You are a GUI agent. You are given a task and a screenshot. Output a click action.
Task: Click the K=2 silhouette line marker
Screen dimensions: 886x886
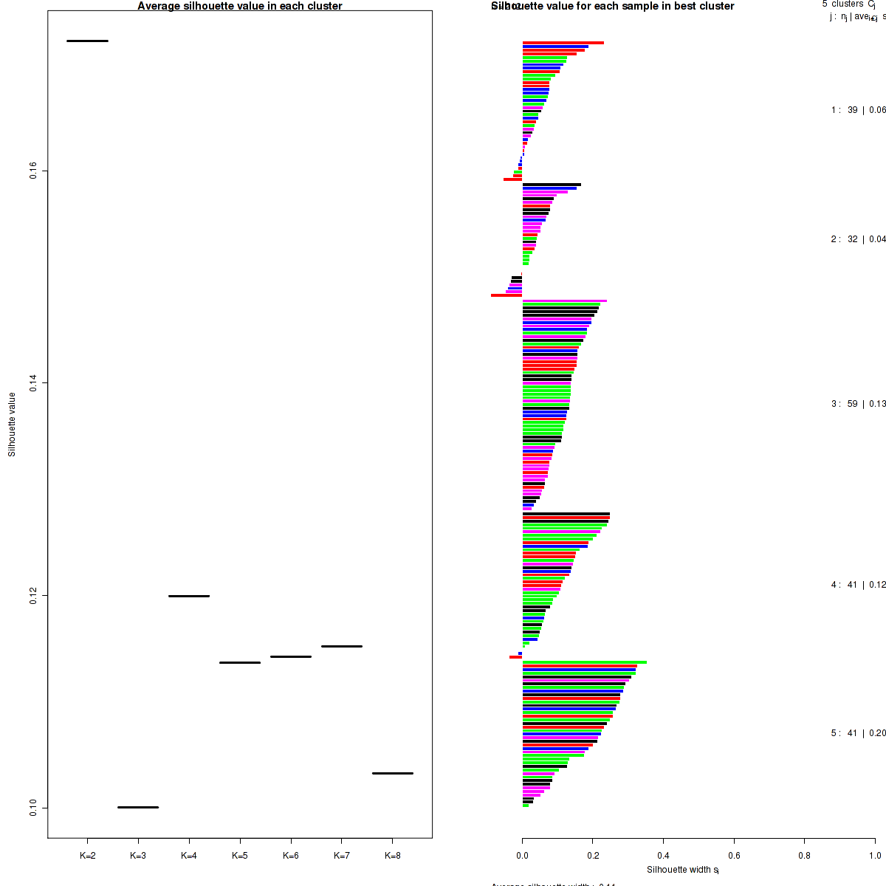tap(87, 41)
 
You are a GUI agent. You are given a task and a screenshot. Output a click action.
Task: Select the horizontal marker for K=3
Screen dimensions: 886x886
tap(138, 807)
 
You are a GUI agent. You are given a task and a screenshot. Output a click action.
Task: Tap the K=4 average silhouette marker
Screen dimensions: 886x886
tap(189, 596)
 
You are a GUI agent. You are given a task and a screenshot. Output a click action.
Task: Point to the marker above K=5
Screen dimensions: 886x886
tap(240, 662)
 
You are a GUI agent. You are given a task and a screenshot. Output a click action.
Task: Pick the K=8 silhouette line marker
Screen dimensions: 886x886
tap(392, 773)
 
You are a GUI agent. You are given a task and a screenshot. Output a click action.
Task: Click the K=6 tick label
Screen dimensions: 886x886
tap(291, 856)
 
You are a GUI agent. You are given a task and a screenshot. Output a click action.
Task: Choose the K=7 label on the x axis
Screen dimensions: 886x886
tap(341, 856)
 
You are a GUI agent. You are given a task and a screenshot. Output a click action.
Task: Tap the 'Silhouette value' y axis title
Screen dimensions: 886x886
tap(12, 425)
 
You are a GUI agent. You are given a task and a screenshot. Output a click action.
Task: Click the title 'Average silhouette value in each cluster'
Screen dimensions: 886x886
tap(240, 6)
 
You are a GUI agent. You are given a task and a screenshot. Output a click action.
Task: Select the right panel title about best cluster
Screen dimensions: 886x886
tap(613, 6)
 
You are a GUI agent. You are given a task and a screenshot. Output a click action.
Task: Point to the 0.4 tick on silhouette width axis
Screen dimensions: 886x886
tap(663, 856)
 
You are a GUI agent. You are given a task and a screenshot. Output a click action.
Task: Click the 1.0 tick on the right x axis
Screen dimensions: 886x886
tap(874, 856)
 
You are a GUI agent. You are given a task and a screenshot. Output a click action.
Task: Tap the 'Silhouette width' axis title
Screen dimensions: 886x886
tap(682, 870)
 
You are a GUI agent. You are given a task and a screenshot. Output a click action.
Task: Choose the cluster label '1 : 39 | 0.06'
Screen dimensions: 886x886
tap(858, 110)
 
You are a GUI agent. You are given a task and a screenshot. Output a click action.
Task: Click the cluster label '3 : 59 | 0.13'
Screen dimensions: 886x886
tap(858, 404)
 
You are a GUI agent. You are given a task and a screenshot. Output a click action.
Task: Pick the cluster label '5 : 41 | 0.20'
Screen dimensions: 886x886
tap(858, 733)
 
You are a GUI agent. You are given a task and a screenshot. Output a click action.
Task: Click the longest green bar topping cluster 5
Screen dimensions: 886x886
tap(584, 662)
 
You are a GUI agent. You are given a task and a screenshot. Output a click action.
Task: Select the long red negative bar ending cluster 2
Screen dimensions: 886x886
tap(506, 295)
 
